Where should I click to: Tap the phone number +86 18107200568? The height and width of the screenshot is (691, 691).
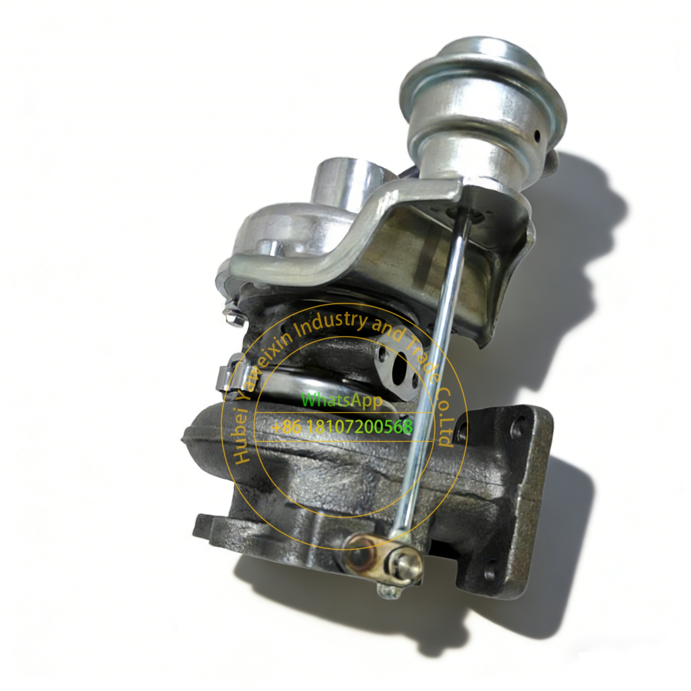click(342, 427)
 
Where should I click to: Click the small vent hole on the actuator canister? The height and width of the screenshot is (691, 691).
click(537, 135)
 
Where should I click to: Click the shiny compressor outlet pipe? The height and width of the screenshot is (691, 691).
click(341, 183)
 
